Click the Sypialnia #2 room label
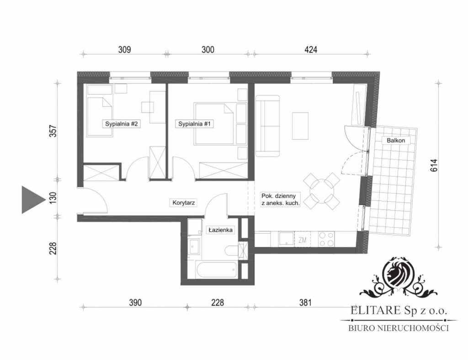coord(121,124)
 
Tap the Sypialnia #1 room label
coord(194,124)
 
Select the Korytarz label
coord(184,203)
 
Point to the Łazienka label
coord(221,230)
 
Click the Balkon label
coord(396,140)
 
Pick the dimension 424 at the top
coord(311,49)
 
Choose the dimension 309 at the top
coord(124,49)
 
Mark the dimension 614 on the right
coord(434,165)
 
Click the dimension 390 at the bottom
coord(135,303)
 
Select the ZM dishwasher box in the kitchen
coord(303,239)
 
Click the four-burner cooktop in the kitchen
coord(326,239)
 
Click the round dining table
coord(321,191)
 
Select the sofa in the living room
coord(268,126)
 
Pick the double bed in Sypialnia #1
coord(214,124)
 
